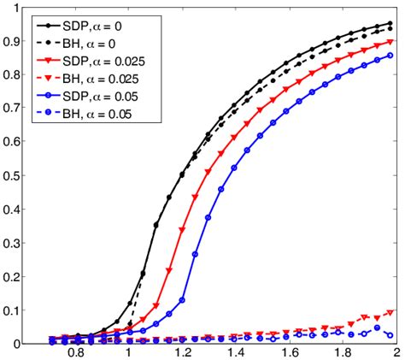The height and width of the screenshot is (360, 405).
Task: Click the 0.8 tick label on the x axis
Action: point(76,351)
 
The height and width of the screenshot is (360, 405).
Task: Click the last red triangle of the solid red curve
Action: point(390,42)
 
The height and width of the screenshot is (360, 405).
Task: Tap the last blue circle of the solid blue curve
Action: point(390,56)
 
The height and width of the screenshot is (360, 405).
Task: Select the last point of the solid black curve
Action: point(390,24)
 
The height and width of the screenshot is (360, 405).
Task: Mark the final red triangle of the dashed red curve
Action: point(390,313)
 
